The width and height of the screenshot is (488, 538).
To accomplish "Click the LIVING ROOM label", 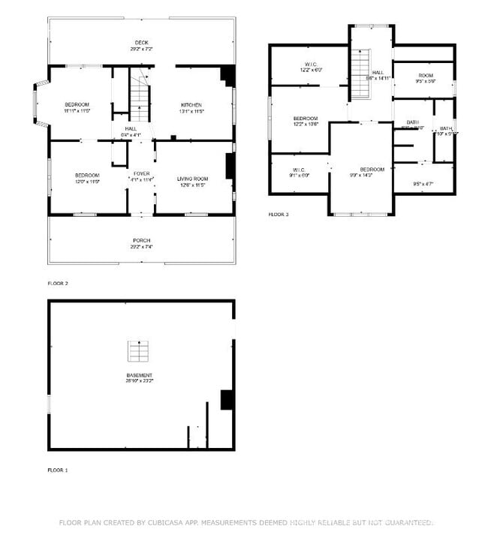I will (192, 179).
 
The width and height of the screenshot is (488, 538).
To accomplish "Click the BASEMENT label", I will (140, 375).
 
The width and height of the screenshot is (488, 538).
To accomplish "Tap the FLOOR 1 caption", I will (58, 470).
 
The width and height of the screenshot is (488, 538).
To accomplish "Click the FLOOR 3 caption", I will (279, 215).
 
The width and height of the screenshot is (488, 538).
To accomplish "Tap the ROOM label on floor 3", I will (426, 76).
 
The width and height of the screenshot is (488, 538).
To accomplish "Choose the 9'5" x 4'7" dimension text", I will (424, 184).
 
